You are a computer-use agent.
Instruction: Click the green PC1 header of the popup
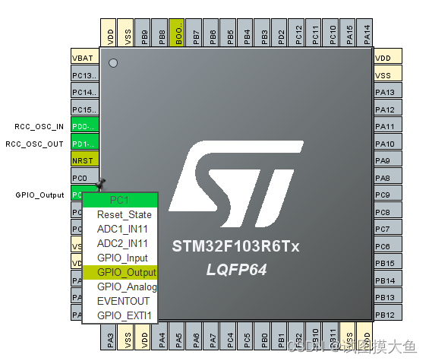click(x=119, y=200)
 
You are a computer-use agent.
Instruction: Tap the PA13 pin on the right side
click(x=385, y=92)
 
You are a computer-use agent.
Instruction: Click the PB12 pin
click(x=385, y=315)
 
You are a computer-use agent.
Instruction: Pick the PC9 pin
click(x=385, y=195)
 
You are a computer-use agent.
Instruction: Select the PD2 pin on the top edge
click(x=281, y=34)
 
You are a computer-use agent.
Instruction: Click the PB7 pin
click(x=196, y=34)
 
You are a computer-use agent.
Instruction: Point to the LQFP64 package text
click(x=238, y=270)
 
